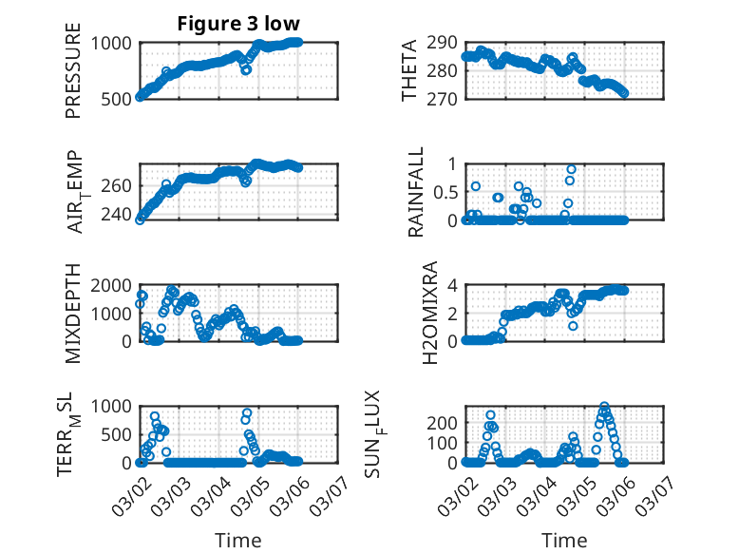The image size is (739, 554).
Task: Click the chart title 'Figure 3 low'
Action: click(238, 25)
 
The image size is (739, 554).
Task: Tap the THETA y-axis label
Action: click(409, 69)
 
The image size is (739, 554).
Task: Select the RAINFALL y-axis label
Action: click(416, 192)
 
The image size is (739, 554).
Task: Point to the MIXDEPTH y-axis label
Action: click(73, 313)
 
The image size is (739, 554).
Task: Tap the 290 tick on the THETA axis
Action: click(447, 43)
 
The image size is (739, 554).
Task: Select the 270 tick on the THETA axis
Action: click(447, 98)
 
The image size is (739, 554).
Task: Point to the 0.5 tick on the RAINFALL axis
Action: click(445, 192)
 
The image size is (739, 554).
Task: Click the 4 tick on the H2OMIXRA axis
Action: click(454, 285)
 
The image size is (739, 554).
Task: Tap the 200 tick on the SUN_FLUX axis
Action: click(447, 422)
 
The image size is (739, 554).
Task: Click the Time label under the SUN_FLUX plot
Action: click(564, 540)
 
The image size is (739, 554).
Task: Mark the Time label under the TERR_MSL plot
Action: click(237, 540)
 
